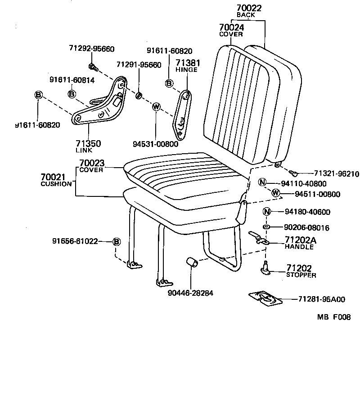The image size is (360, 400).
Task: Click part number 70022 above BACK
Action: click(x=249, y=8)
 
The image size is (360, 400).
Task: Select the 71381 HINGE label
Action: click(x=188, y=66)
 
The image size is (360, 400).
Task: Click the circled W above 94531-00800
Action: click(x=156, y=107)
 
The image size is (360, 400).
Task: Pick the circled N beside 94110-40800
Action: click(x=263, y=182)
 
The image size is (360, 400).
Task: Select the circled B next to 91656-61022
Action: click(x=116, y=242)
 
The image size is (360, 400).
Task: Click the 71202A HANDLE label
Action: click(x=300, y=243)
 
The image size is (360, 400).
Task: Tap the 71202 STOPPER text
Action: click(x=301, y=271)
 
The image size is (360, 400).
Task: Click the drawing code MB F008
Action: click(x=333, y=317)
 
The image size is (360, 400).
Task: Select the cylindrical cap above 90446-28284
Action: click(x=192, y=262)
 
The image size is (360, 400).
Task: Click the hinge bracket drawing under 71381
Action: click(x=182, y=115)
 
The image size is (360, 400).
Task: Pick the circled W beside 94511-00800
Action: click(x=276, y=193)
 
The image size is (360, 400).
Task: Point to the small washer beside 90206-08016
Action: click(x=266, y=228)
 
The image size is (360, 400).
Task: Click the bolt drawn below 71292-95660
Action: click(x=93, y=67)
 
